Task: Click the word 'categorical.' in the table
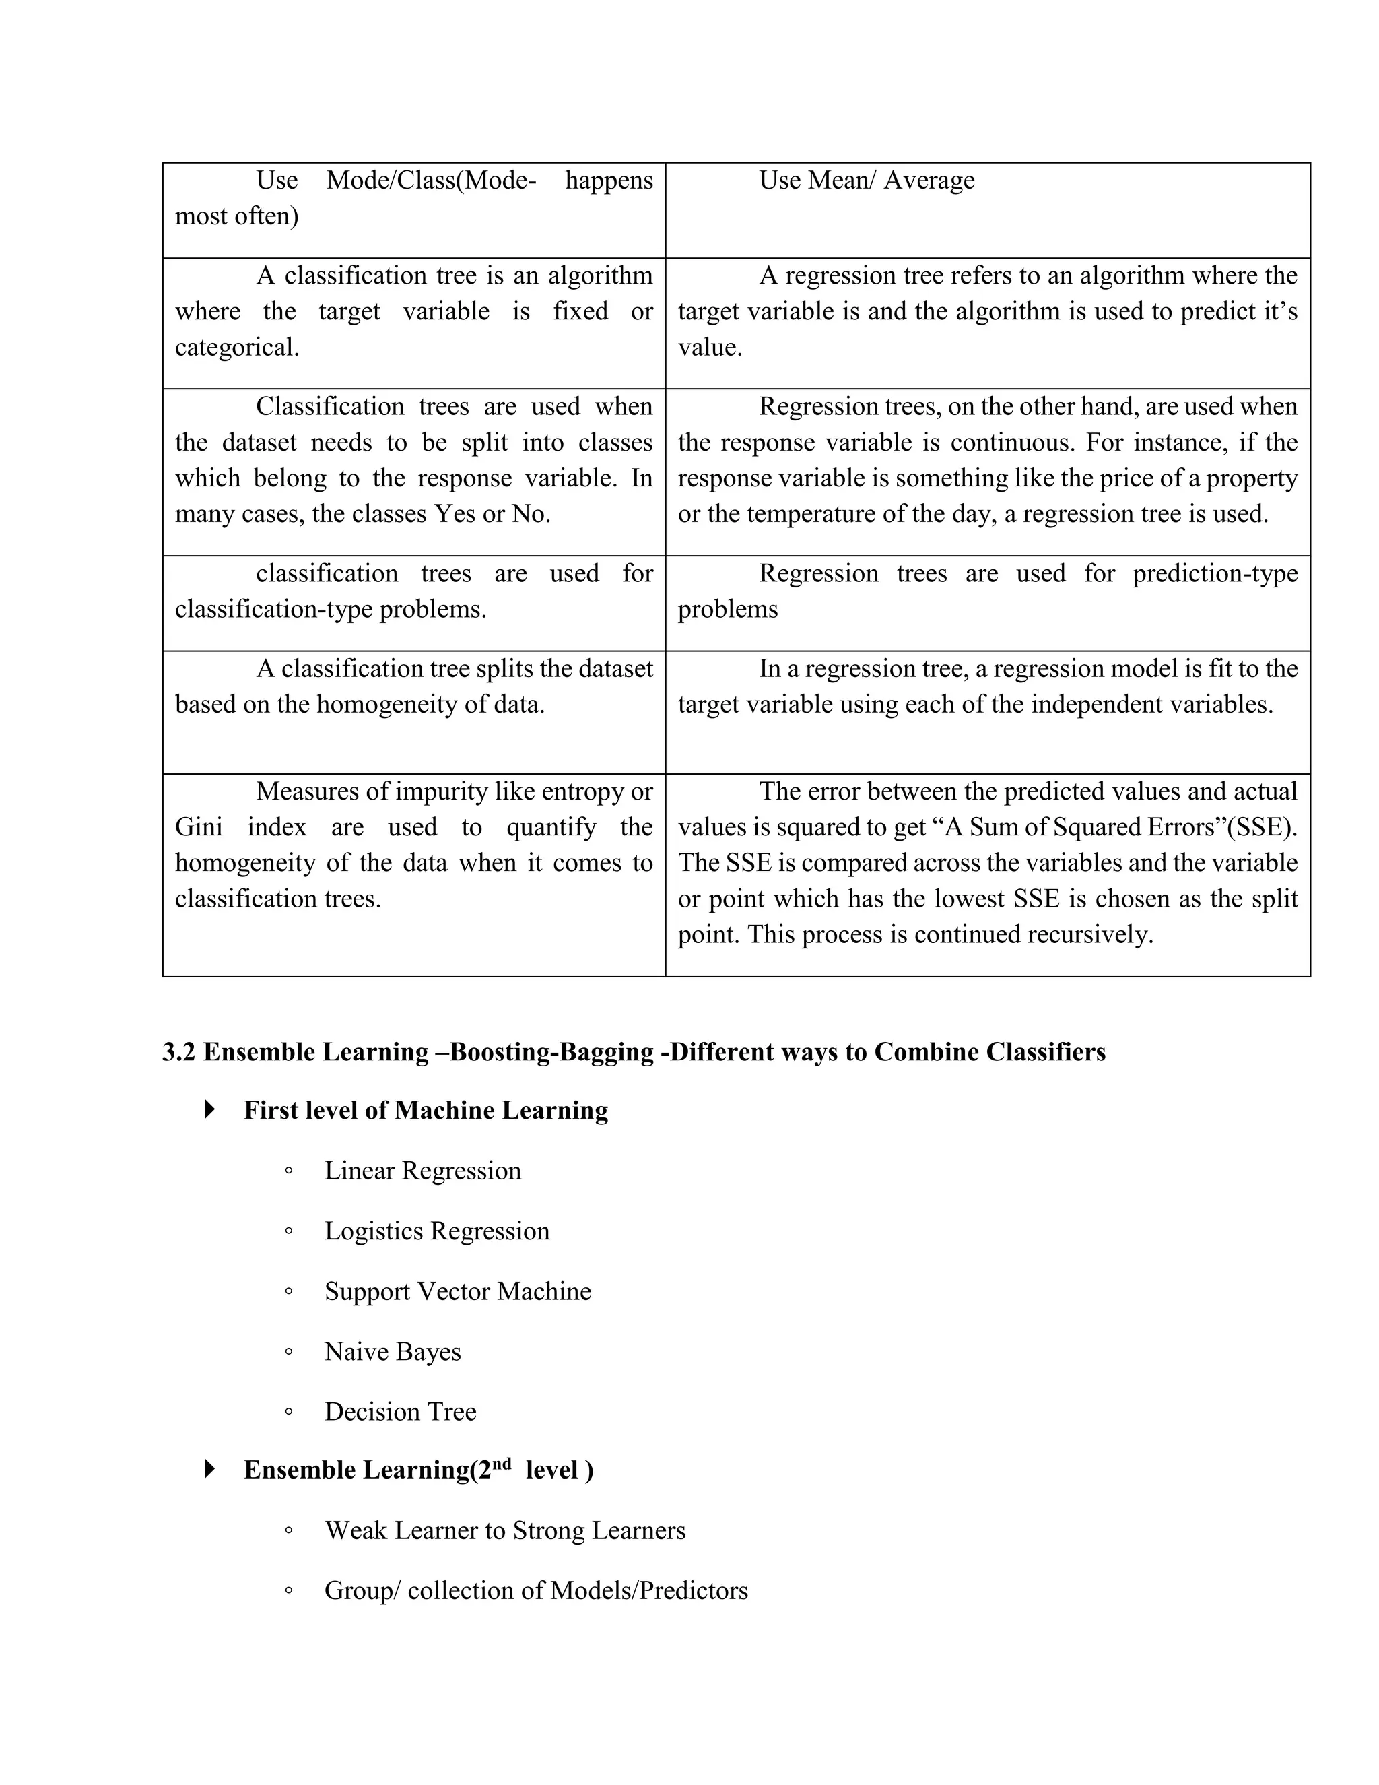click(x=237, y=348)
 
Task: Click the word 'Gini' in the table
click(x=199, y=827)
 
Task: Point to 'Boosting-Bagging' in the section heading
click(x=551, y=1052)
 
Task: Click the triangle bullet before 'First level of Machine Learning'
click(x=210, y=1110)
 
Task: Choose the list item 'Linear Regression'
click(x=422, y=1171)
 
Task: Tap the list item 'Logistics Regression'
click(x=437, y=1231)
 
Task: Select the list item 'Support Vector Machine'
click(x=457, y=1291)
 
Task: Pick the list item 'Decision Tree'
click(x=401, y=1411)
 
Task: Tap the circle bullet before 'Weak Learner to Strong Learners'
click(x=288, y=1531)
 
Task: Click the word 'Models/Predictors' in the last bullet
click(x=648, y=1590)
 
